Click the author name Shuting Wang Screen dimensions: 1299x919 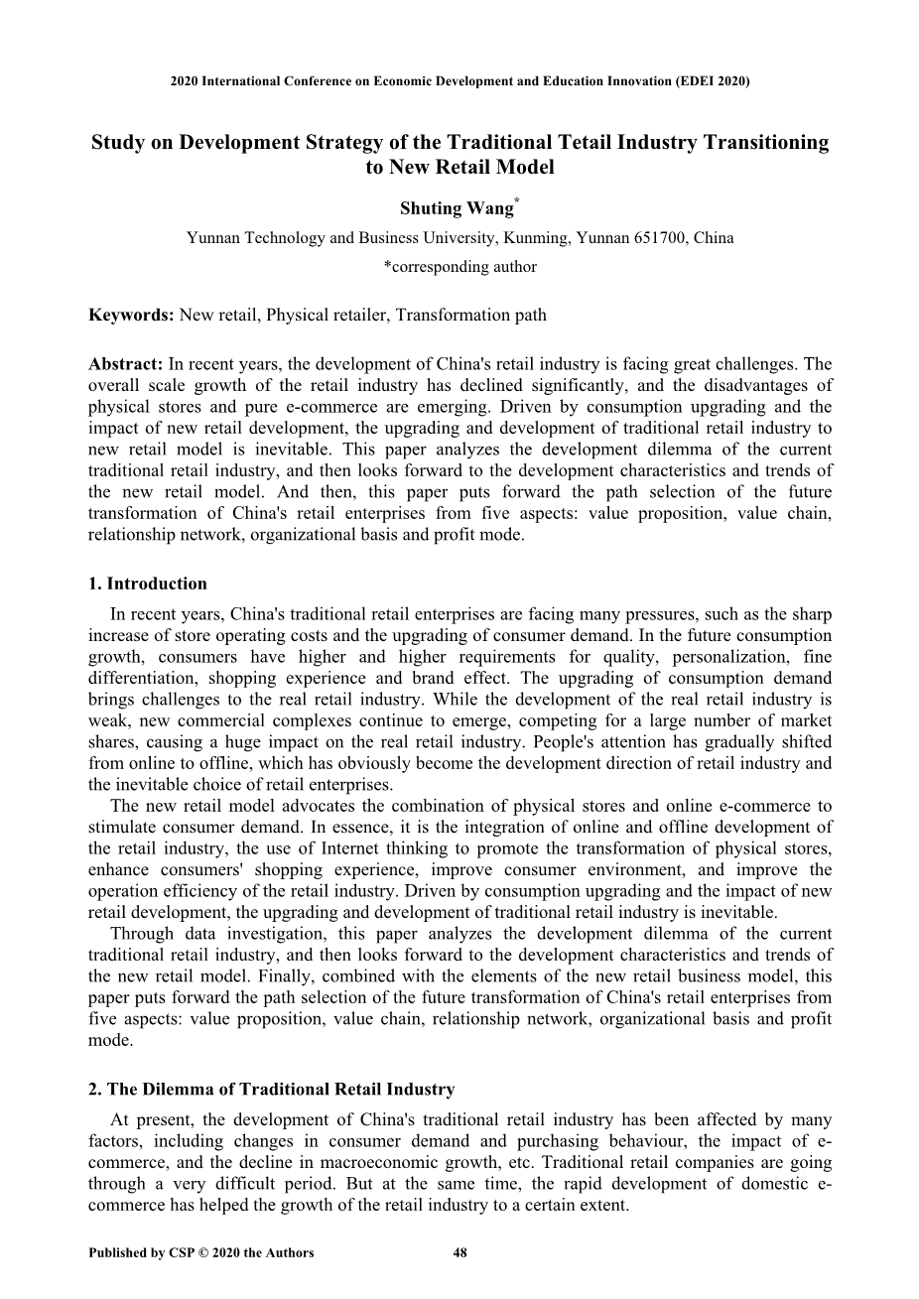click(x=456, y=208)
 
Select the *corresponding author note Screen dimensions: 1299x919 click(x=459, y=267)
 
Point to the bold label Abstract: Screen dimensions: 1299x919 click(x=126, y=364)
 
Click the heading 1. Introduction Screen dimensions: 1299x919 click(x=148, y=584)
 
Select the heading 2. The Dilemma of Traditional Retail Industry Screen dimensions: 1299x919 click(x=272, y=1090)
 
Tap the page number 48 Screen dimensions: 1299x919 click(x=459, y=1252)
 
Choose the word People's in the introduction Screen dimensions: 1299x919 click(x=568, y=742)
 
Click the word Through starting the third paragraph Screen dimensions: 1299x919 click(x=142, y=934)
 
